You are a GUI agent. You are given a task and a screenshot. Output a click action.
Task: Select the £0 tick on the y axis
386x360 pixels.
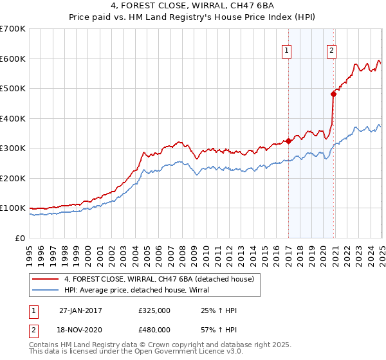tap(19, 238)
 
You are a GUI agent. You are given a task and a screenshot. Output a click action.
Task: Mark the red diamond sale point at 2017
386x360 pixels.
tap(288, 141)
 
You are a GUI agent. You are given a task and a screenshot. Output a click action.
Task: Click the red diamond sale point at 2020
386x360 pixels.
tap(333, 94)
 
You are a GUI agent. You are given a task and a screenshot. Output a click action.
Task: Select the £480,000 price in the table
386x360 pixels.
tap(154, 329)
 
